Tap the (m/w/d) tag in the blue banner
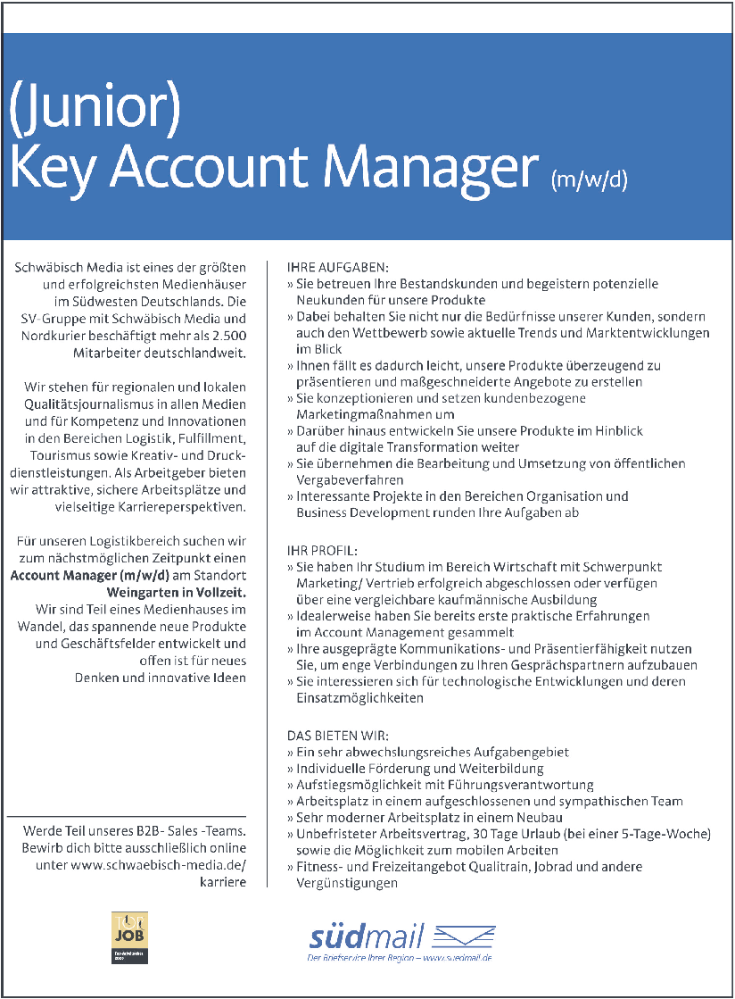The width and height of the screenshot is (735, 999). click(x=590, y=179)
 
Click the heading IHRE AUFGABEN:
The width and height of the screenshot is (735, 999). click(x=337, y=267)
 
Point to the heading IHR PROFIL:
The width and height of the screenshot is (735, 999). click(x=321, y=551)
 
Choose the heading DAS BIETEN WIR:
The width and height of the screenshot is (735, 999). click(x=337, y=736)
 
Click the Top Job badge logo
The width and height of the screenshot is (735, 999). click(x=128, y=936)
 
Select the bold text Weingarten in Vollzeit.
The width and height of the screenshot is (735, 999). click(x=177, y=592)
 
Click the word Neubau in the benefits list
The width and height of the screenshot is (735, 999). click(x=540, y=817)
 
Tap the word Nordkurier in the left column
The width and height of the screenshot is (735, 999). click(x=53, y=335)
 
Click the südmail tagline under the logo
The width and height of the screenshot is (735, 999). click(x=399, y=957)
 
